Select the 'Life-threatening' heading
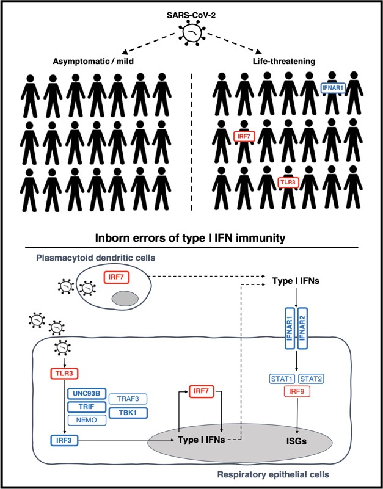coord(287,61)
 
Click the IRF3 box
coord(64,439)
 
